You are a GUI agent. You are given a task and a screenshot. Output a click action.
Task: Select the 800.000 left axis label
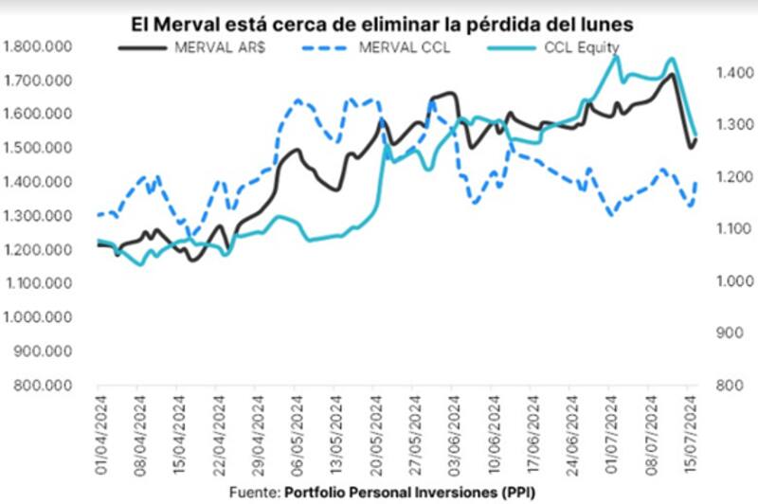[x=44, y=386]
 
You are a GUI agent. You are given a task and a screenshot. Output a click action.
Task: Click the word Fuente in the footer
[x=254, y=493]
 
